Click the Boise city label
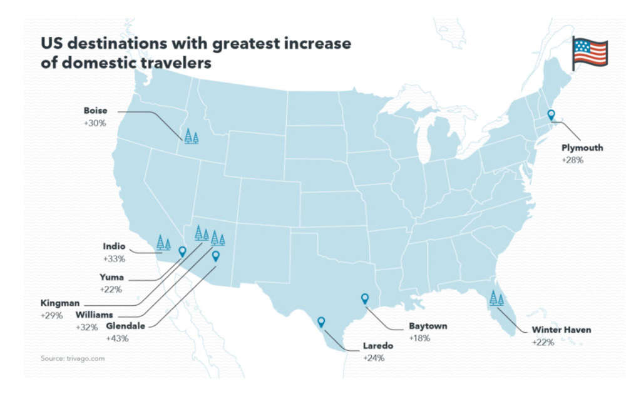tap(95, 111)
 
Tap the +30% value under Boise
tap(95, 123)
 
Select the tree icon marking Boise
tap(191, 136)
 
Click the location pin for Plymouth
tap(551, 115)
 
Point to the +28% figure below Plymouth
tap(573, 160)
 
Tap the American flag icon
tap(590, 52)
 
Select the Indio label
tap(113, 246)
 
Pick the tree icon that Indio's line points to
tap(163, 243)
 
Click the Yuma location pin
tap(182, 251)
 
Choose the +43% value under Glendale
tap(117, 338)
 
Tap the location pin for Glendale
tap(216, 255)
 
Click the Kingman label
tap(59, 303)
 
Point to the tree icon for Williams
tap(217, 238)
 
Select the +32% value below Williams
tap(86, 326)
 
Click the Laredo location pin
tap(321, 322)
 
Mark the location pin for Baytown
tap(365, 299)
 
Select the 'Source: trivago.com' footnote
tap(73, 358)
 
